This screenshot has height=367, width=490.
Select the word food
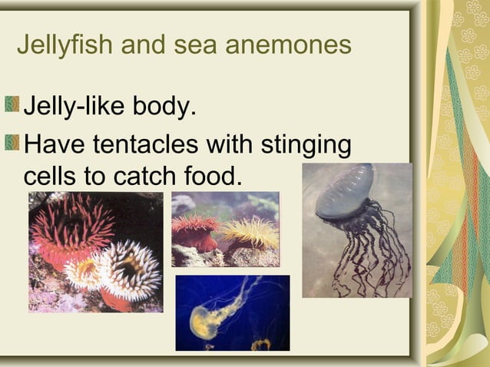coord(212,176)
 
